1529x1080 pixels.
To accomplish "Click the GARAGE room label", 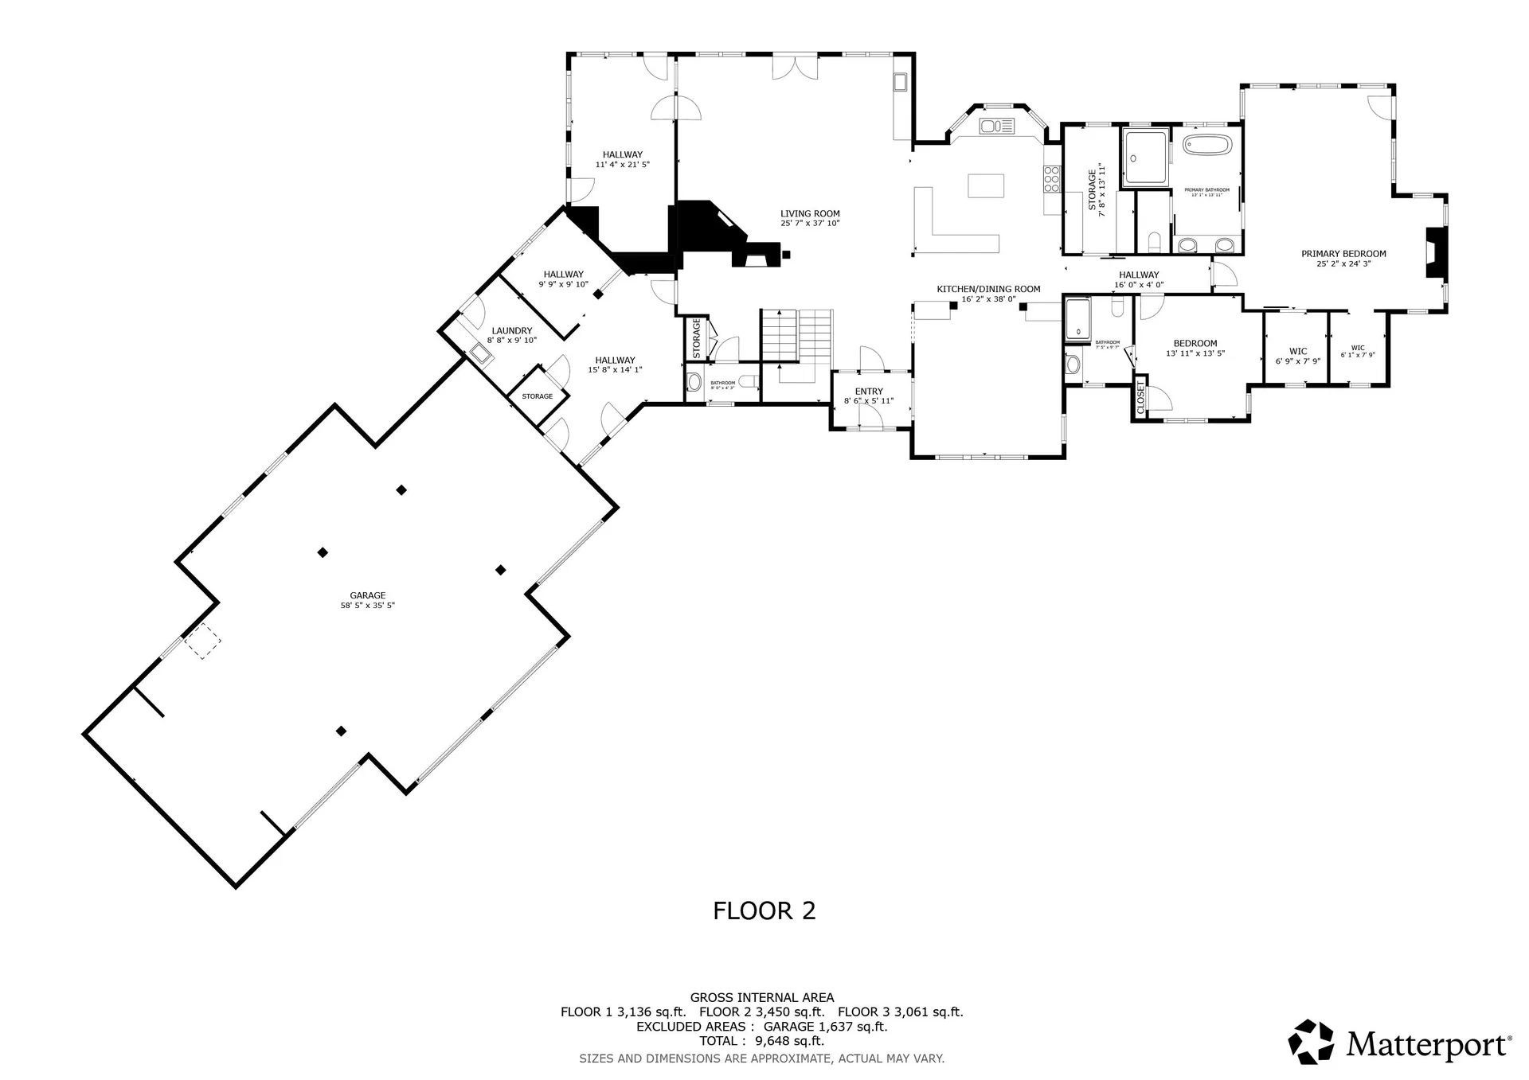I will [x=367, y=595].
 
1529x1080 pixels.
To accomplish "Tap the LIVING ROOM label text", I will [x=810, y=214].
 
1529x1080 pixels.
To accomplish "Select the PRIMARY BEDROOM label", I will [x=1343, y=255].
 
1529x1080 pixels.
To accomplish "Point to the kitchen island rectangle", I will [x=986, y=185].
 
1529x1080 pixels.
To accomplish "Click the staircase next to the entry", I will [x=796, y=334].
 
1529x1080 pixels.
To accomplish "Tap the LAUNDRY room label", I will [x=511, y=331].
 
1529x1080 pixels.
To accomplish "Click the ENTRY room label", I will [x=869, y=392].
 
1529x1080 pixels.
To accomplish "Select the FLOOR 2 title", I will [x=764, y=910].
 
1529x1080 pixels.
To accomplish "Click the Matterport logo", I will [x=1399, y=1042].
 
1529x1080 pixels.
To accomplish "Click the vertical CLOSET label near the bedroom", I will [x=1140, y=397].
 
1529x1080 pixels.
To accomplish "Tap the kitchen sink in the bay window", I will [x=996, y=126].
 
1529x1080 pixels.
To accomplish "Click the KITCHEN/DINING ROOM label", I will [x=988, y=290].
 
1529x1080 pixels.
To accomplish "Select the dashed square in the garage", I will [x=203, y=641].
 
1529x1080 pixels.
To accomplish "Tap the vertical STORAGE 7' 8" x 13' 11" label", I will [x=1097, y=189].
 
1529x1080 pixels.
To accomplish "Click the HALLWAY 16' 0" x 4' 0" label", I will [x=1139, y=275].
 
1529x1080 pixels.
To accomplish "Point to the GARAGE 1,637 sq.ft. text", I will [x=825, y=1027].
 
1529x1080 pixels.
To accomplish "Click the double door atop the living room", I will [x=795, y=68].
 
